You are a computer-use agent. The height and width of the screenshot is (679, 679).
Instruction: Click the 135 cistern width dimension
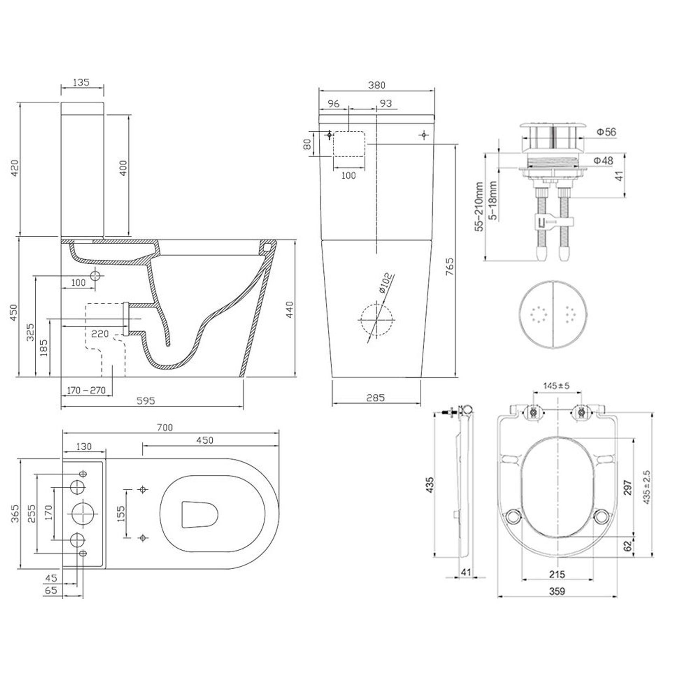pos(81,82)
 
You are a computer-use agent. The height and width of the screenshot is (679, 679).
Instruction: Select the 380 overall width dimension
pos(376,85)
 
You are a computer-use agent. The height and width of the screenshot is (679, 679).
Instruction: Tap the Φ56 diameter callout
pos(606,132)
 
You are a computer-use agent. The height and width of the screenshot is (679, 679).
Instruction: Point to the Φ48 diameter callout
pos(604,160)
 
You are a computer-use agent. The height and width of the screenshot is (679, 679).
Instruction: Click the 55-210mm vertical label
pos(479,207)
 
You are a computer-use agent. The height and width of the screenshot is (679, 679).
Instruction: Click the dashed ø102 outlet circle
pos(376,320)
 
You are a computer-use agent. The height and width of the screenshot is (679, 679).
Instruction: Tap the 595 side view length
pos(145,401)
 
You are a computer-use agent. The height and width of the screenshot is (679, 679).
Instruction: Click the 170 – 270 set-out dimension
pos(86,390)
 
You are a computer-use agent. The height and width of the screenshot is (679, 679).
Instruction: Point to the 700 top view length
pos(164,427)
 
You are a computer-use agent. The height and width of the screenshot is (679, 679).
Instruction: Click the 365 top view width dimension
pos(15,513)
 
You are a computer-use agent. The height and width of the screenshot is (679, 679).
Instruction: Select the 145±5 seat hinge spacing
pos(556,386)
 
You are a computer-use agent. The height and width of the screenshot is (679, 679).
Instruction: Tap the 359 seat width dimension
pos(557,591)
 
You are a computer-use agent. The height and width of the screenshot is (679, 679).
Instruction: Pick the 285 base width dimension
pos(375,397)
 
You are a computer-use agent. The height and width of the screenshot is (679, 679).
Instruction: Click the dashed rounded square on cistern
pos(349,144)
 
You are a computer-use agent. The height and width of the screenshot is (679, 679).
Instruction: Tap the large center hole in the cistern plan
pos(85,513)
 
